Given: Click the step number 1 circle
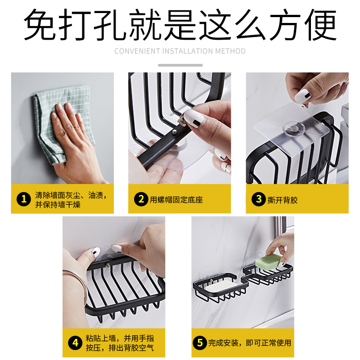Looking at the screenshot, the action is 24,199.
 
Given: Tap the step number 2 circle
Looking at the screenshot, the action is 141,199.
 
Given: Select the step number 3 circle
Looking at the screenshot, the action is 258,199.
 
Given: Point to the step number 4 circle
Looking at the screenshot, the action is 75,343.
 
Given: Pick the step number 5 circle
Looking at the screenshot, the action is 200,343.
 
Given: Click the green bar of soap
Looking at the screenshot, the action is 268,261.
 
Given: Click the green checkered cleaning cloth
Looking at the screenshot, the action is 62,124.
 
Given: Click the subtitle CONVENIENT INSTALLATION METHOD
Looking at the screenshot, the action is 180,51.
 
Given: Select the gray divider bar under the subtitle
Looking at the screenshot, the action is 180,65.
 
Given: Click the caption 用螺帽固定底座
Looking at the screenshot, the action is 176,200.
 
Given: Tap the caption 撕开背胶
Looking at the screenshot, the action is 283,200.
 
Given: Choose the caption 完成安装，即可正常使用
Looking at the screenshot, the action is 250,343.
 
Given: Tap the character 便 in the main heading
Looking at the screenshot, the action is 320,24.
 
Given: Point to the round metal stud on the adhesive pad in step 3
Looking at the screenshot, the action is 293,128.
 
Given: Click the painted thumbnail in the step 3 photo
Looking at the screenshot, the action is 302,96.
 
